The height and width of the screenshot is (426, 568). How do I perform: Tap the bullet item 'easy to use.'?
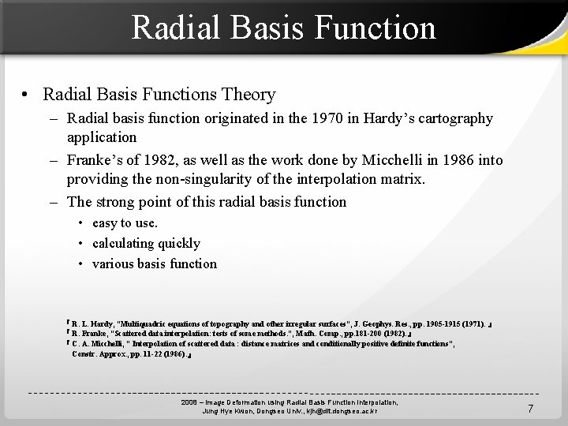click(x=125, y=223)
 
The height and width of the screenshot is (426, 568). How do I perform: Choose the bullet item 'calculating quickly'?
click(x=146, y=244)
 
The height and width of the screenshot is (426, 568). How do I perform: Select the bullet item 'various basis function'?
click(x=154, y=264)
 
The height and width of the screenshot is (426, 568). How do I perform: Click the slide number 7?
click(x=530, y=408)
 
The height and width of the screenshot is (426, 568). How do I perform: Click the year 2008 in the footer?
click(x=190, y=402)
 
